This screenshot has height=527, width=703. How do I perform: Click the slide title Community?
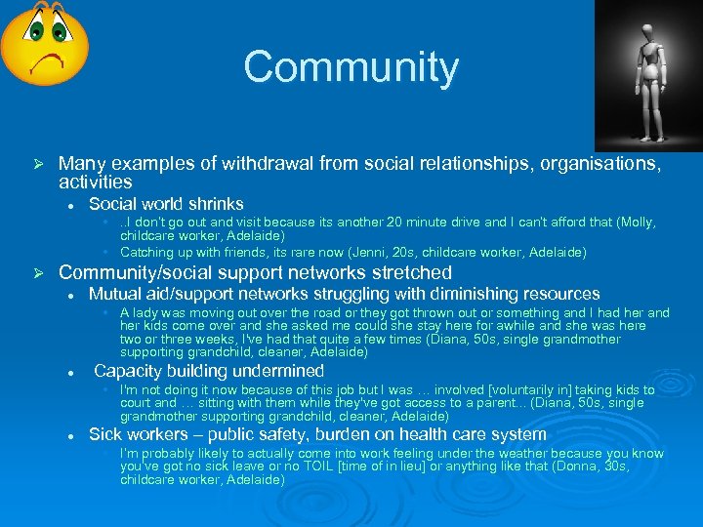(351, 67)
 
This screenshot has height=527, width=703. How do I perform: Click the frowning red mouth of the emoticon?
(45, 63)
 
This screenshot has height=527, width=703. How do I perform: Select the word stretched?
(404, 272)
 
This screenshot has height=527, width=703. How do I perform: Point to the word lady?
(147, 313)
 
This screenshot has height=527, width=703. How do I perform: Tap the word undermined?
(276, 371)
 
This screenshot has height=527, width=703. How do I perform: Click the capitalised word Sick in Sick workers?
(106, 434)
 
